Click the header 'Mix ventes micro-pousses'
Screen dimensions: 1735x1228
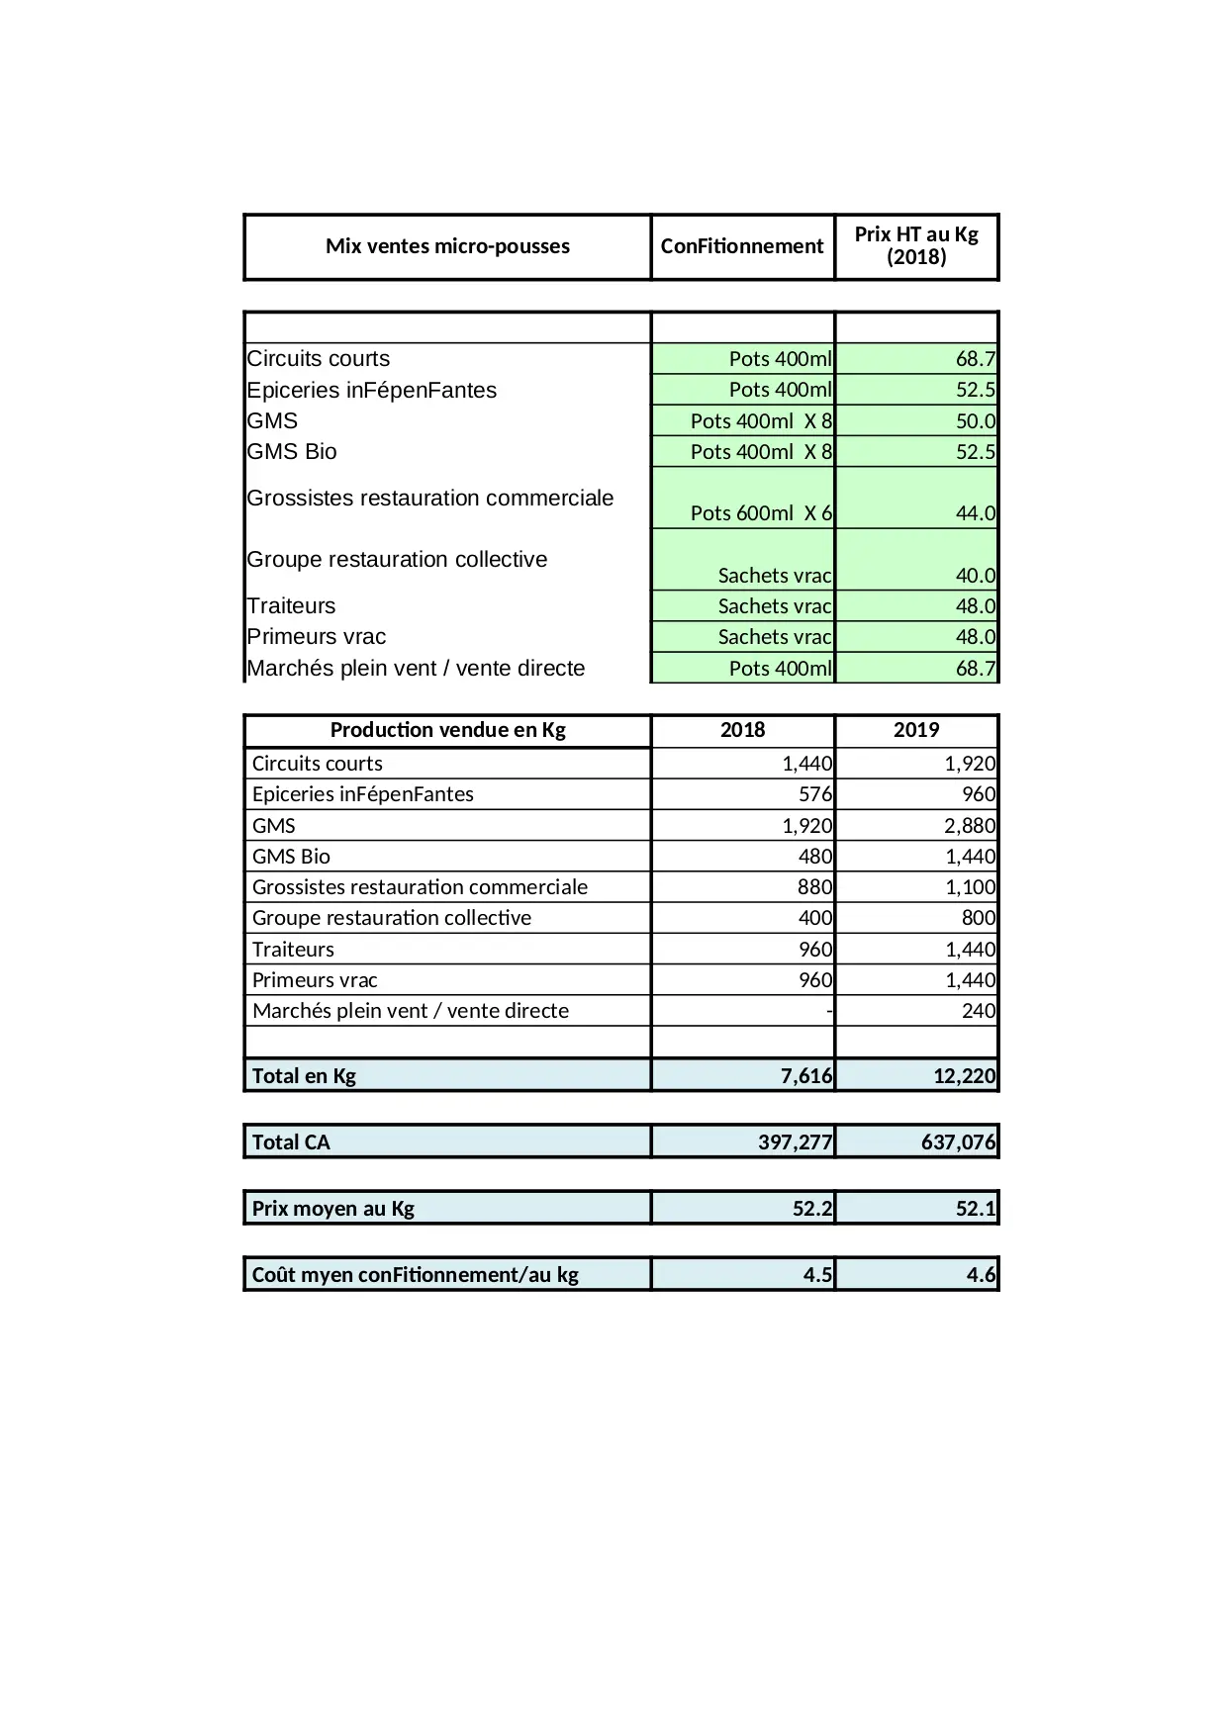click(447, 246)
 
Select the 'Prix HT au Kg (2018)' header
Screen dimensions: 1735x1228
click(916, 246)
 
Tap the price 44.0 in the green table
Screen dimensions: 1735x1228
click(975, 513)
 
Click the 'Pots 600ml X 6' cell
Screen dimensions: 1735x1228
click(761, 513)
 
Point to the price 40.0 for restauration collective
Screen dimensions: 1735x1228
click(975, 576)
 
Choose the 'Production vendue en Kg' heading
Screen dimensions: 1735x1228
click(447, 730)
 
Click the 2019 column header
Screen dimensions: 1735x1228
click(916, 730)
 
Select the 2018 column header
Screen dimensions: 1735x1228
click(742, 730)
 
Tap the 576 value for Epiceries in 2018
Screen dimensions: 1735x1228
click(815, 794)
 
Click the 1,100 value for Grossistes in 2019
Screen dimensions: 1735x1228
click(970, 887)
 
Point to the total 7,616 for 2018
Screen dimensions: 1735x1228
click(806, 1076)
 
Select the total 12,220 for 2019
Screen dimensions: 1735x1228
click(964, 1076)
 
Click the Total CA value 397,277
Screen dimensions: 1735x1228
click(796, 1142)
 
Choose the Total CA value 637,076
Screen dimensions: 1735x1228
click(958, 1142)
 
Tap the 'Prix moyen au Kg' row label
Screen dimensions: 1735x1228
click(332, 1209)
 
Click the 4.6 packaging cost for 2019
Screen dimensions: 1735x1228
click(981, 1275)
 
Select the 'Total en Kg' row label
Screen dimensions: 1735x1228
click(304, 1076)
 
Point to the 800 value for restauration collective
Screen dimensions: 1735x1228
click(979, 918)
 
